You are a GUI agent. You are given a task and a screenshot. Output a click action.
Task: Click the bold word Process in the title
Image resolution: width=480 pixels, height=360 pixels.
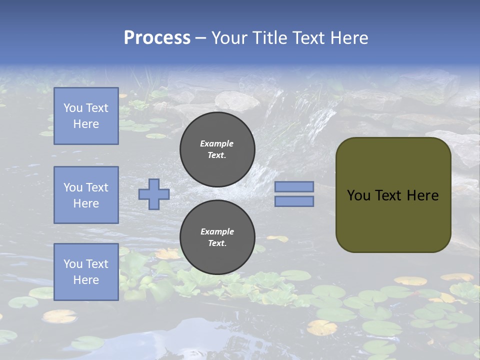(x=157, y=38)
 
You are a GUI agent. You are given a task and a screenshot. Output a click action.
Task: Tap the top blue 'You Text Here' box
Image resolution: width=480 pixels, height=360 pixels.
(x=86, y=116)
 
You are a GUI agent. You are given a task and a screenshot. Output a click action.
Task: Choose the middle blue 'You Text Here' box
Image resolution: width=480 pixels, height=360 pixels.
(x=86, y=195)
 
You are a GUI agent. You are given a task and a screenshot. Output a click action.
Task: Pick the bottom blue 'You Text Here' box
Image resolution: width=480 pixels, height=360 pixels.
(x=86, y=272)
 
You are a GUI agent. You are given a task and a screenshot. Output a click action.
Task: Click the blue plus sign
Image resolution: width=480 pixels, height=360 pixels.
(x=154, y=194)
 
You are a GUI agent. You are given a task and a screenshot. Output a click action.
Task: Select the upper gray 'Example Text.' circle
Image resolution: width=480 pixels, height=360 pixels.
(x=217, y=149)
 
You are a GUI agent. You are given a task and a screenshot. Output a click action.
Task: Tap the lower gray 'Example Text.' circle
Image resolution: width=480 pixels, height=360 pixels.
(x=217, y=237)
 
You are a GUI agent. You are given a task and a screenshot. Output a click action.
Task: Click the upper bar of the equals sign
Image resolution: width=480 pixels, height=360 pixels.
(x=294, y=186)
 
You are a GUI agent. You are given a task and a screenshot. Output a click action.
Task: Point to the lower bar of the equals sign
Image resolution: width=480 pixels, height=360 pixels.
(x=294, y=201)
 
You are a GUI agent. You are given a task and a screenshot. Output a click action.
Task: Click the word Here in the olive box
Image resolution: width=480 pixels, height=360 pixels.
(x=423, y=195)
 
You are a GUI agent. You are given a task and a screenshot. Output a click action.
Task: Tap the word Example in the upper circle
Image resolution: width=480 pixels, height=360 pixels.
(x=217, y=143)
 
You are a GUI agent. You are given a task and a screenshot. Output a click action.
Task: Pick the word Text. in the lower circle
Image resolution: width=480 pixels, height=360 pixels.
(x=217, y=243)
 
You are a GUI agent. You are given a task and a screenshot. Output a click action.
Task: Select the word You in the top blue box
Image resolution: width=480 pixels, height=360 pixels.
(x=73, y=108)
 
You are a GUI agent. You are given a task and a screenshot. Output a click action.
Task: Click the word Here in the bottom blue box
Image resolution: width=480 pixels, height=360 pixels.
(x=86, y=280)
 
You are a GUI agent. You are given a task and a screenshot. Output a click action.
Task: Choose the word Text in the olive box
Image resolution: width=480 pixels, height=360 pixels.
(x=388, y=195)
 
